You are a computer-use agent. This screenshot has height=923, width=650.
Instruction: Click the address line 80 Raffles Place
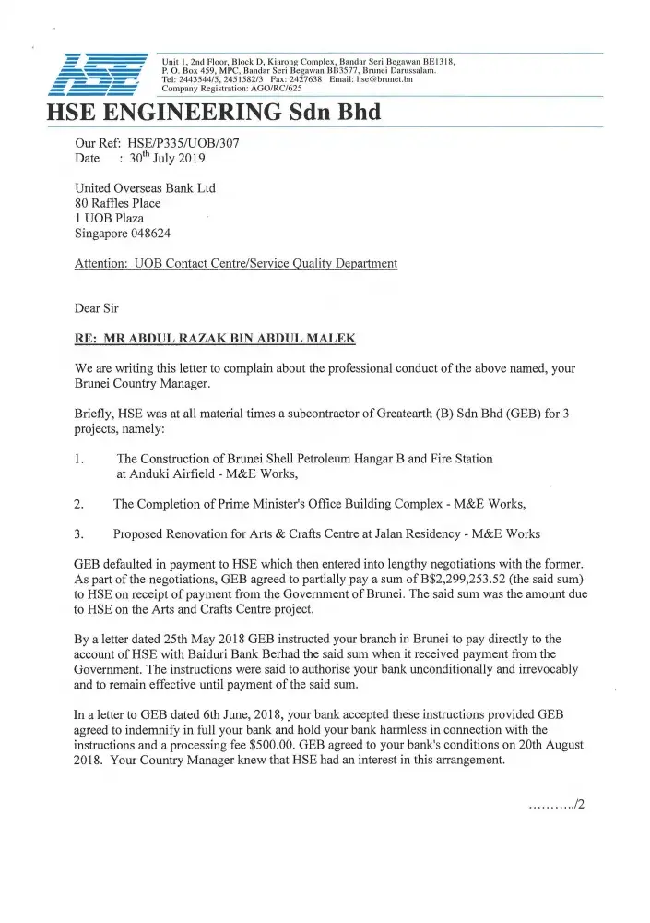coord(117,203)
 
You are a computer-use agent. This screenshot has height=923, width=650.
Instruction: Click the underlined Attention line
coord(235,264)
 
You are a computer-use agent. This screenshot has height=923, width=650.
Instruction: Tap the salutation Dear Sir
coord(96,307)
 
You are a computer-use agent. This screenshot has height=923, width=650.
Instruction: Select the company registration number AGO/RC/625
coord(258,90)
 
